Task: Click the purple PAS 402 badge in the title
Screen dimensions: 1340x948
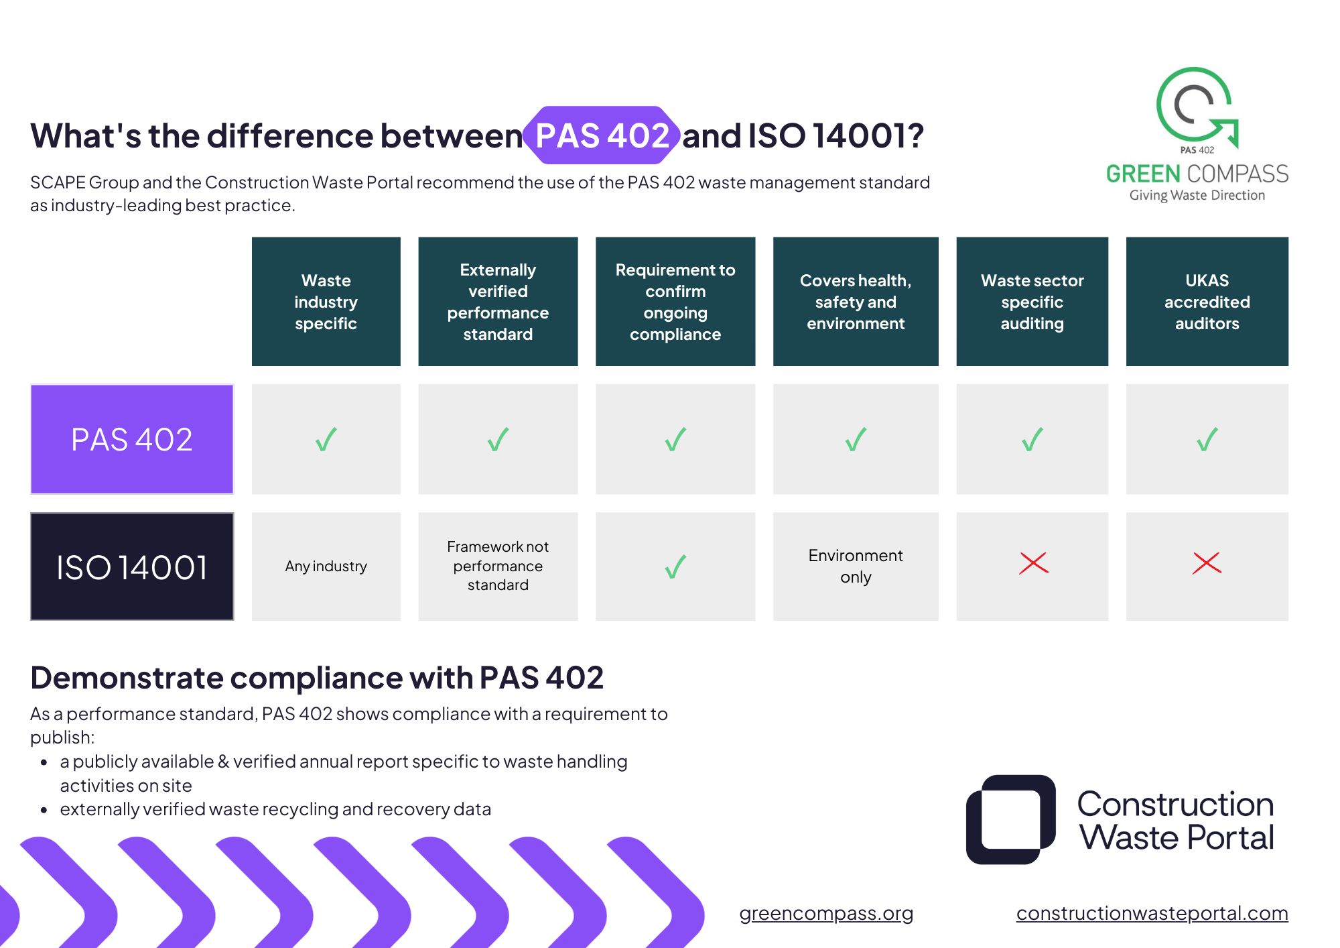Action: click(x=602, y=135)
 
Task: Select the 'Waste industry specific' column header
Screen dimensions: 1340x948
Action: click(x=326, y=302)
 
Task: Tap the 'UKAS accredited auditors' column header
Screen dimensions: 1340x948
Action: click(x=1207, y=302)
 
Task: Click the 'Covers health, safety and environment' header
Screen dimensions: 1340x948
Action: click(x=856, y=302)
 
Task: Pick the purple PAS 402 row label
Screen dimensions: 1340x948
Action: click(x=132, y=439)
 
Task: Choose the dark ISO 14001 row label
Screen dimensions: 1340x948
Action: click(x=132, y=567)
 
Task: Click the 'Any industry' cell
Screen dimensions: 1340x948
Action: click(x=326, y=567)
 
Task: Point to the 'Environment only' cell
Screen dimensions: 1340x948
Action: click(x=856, y=567)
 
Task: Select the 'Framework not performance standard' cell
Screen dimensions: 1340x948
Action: click(x=498, y=567)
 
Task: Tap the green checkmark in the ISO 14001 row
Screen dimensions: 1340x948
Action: click(x=675, y=567)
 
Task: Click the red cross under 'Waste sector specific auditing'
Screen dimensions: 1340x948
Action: click(x=1033, y=563)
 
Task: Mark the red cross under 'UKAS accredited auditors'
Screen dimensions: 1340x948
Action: click(x=1207, y=563)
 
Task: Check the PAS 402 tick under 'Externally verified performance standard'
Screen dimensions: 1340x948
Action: click(x=498, y=440)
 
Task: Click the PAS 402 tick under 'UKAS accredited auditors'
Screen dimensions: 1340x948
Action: click(x=1207, y=440)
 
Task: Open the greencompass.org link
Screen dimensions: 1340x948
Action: click(x=826, y=913)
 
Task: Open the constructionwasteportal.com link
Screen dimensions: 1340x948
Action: click(x=1152, y=913)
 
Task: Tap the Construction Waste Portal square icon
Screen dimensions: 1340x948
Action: click(x=1011, y=819)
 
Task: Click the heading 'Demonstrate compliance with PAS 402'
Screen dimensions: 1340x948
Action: click(x=317, y=677)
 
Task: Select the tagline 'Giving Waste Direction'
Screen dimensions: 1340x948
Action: click(x=1197, y=195)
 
